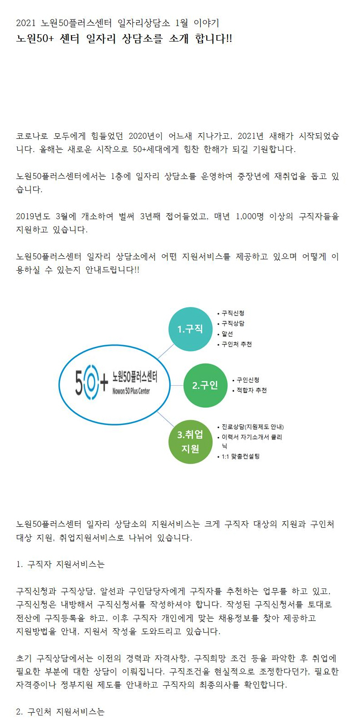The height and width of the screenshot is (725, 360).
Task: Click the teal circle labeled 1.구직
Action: click(x=191, y=329)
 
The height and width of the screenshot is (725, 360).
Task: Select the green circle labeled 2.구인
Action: click(x=205, y=385)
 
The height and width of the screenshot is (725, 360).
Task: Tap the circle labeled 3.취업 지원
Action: click(x=191, y=441)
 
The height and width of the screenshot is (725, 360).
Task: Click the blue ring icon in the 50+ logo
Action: click(x=91, y=382)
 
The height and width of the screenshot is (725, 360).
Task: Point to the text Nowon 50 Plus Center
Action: click(x=131, y=391)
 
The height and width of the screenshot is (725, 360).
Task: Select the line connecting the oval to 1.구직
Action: click(x=166, y=352)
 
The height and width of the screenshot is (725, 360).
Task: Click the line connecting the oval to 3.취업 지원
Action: click(x=165, y=419)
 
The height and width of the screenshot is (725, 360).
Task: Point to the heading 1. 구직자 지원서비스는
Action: click(x=61, y=564)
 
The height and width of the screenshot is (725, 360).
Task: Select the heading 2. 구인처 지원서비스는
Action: click(x=61, y=711)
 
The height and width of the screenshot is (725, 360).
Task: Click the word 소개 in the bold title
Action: click(x=179, y=38)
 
